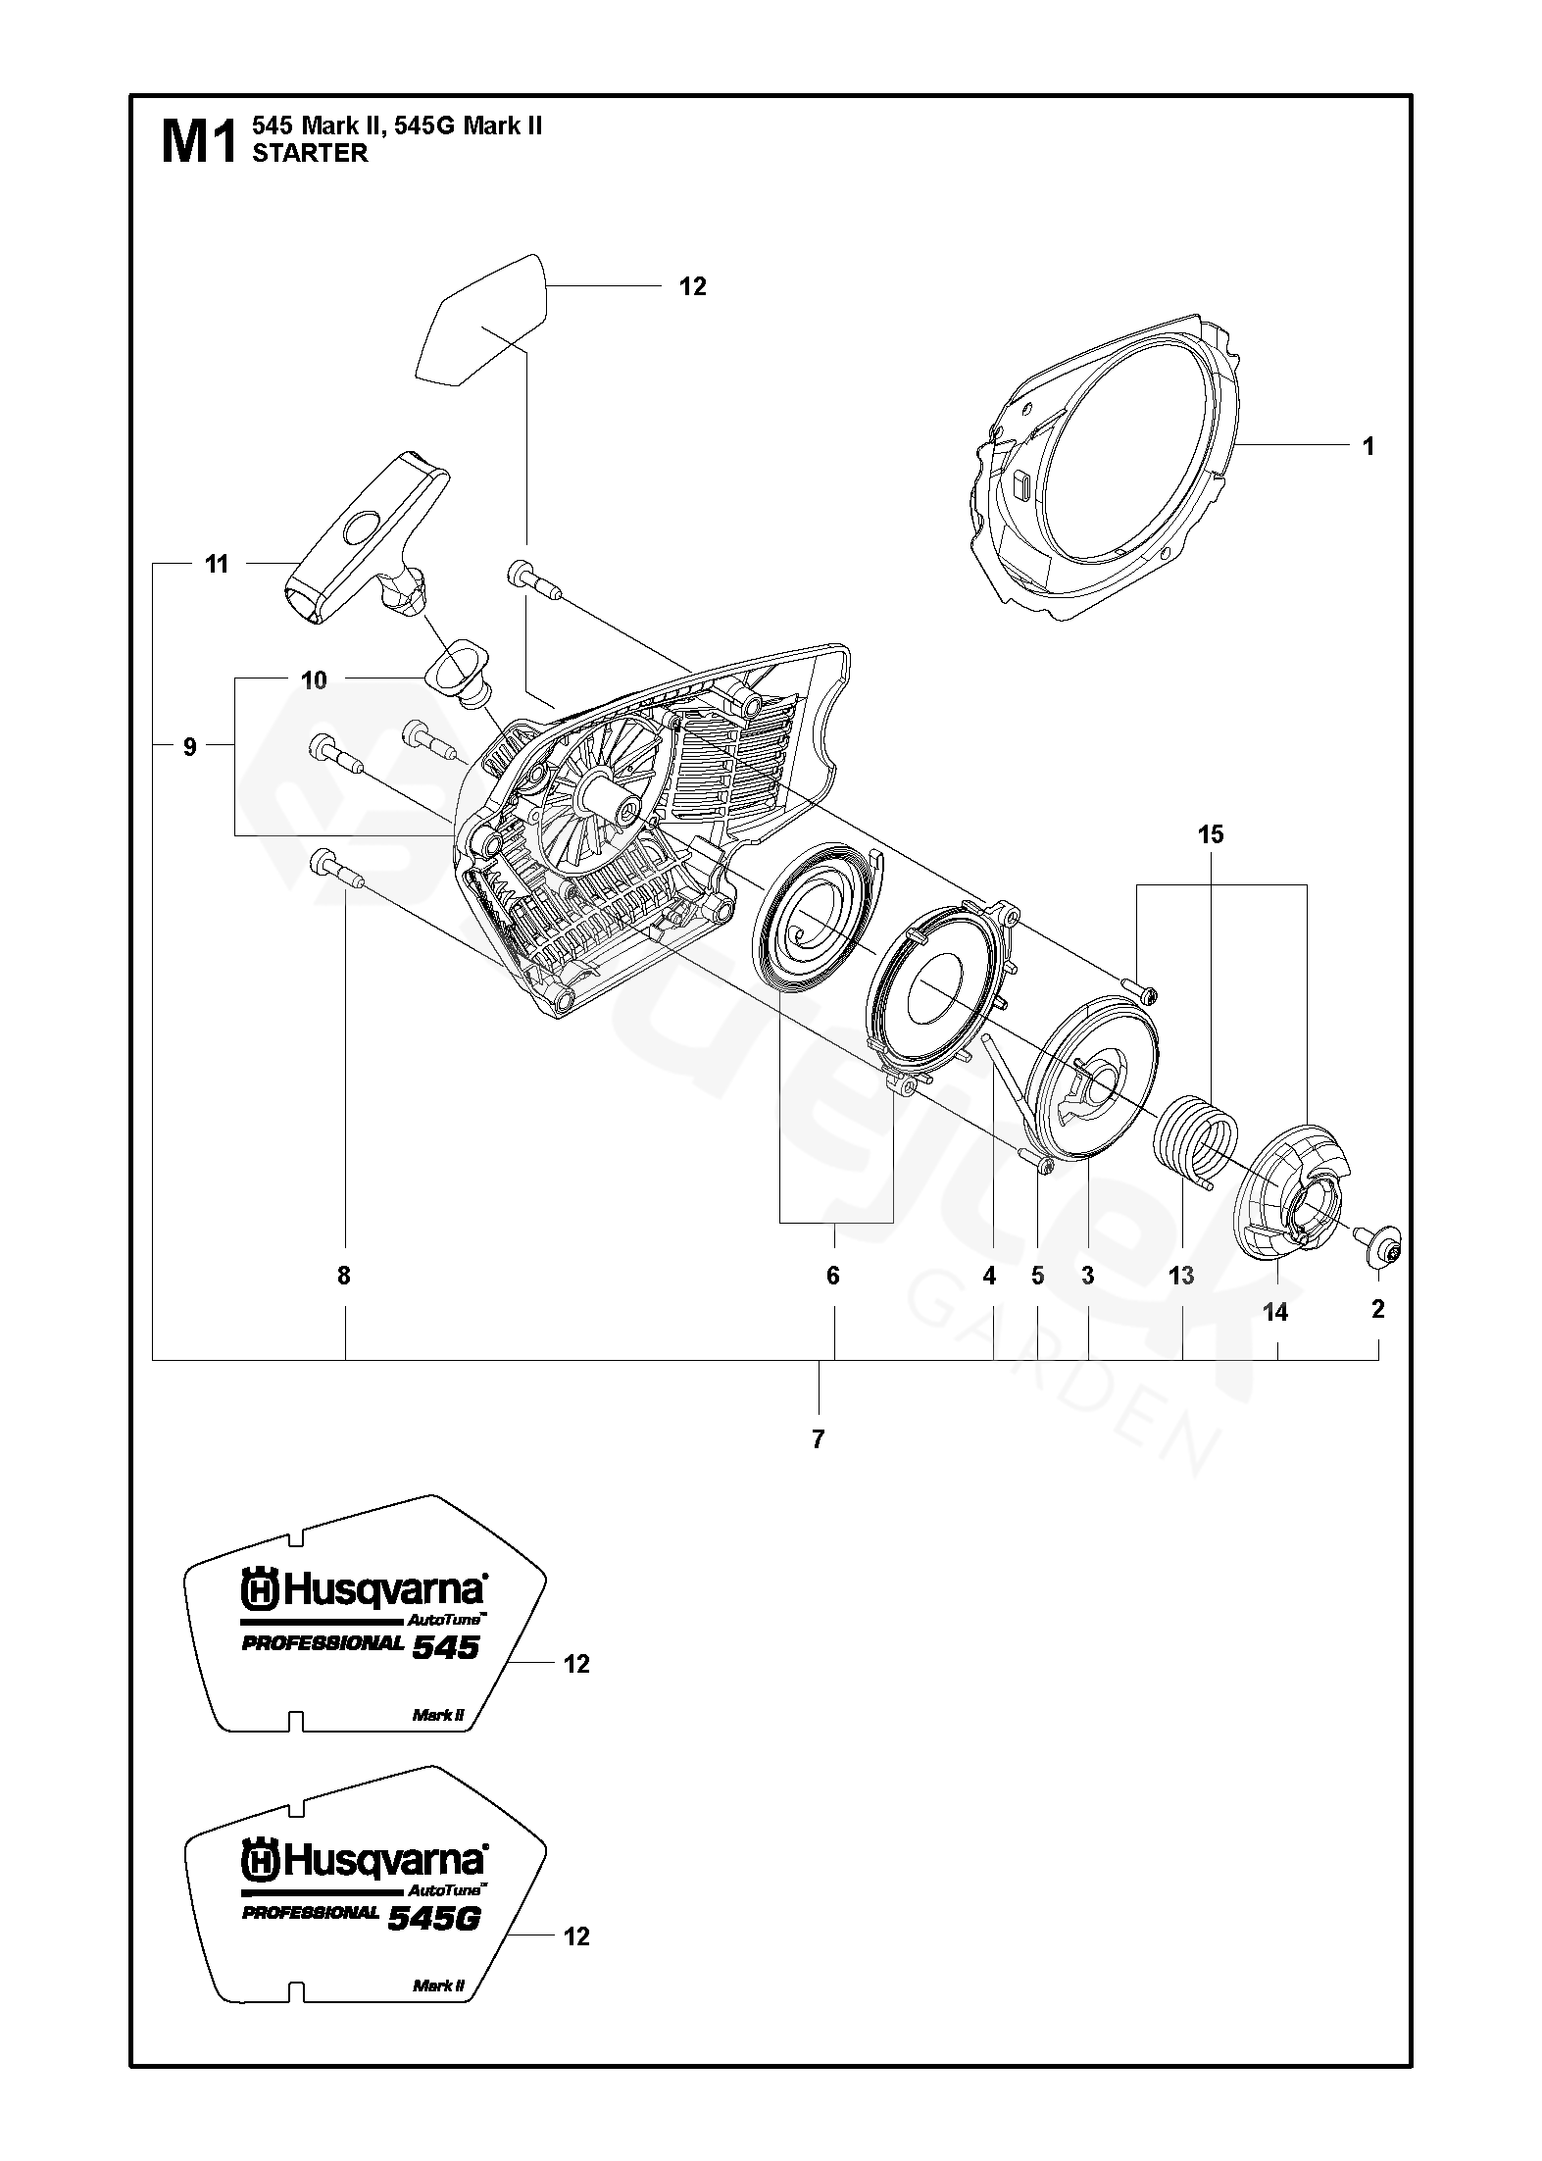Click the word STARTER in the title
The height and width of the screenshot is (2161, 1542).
click(310, 153)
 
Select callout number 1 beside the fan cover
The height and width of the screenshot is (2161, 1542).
click(1368, 446)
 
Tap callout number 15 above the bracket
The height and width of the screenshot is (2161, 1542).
click(1211, 834)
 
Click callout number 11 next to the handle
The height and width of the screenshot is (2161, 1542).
click(217, 564)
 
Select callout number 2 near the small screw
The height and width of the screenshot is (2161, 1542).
click(1377, 1308)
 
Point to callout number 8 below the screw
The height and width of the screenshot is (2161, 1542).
click(343, 1276)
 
